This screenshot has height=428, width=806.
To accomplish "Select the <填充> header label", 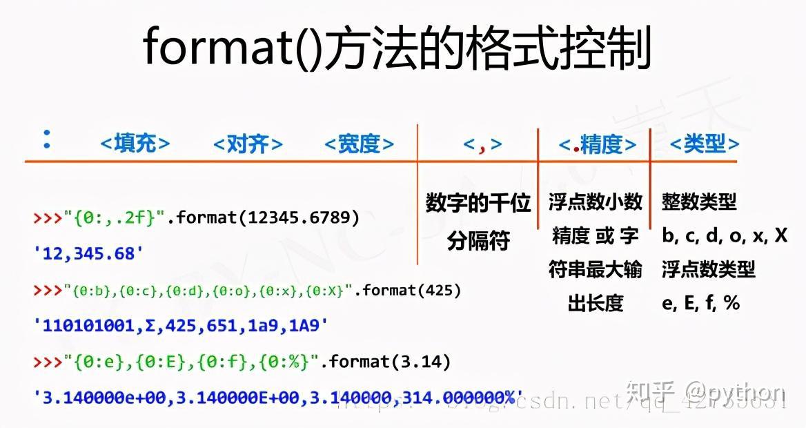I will pos(135,144).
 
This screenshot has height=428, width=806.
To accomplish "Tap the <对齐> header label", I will pos(248,144).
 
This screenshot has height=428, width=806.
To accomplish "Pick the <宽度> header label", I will pos(359,144).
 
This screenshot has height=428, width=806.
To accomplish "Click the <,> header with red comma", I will pos(482,144).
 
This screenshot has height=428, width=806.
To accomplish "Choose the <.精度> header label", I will pos(597,144).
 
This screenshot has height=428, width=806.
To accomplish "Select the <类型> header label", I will pos(705,144).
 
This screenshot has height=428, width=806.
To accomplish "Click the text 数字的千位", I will pos(478,203).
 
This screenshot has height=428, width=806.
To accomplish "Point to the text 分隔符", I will pos(478,241).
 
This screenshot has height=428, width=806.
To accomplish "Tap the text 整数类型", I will pos(699,202).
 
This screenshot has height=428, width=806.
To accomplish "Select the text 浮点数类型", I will pos(709,269).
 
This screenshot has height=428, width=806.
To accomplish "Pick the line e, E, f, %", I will pos(700,302).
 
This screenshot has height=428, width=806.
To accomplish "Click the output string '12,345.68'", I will pos(89,253).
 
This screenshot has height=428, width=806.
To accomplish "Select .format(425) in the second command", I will pos(408,291).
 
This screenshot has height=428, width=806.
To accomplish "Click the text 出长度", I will pos(596,302).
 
